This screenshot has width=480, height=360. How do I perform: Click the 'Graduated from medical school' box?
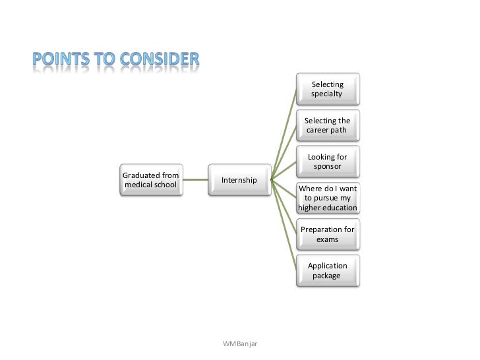click(150, 179)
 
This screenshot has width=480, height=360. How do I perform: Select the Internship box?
click(239, 179)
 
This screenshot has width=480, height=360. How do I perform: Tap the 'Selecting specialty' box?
click(328, 89)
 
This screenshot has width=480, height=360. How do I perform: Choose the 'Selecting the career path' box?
click(328, 125)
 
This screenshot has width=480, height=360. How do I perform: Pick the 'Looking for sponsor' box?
click(328, 162)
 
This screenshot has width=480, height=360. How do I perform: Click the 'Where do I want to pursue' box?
click(328, 198)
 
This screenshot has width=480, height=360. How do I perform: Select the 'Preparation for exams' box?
click(328, 234)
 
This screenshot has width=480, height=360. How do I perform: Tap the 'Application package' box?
click(328, 270)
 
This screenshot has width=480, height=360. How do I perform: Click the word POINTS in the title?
click(62, 61)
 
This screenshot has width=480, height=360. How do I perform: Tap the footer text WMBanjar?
click(241, 344)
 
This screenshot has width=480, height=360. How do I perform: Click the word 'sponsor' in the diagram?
click(328, 167)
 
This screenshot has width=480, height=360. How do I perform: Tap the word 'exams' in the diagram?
click(328, 239)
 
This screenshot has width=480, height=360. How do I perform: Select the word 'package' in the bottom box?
click(327, 276)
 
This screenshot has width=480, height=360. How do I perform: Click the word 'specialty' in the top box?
click(328, 94)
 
